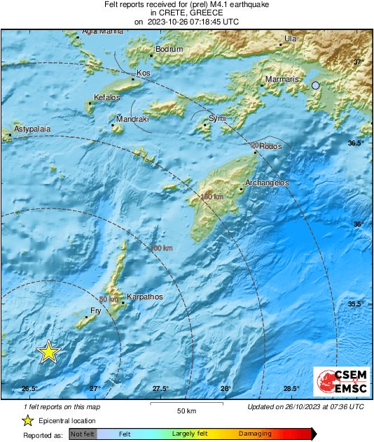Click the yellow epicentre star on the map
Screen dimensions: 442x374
(48, 352)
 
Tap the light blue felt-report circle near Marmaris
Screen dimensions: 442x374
(316, 85)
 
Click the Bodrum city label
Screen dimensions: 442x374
(169, 49)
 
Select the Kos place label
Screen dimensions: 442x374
(144, 73)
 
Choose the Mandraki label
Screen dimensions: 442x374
(132, 120)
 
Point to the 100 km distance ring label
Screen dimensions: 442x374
(161, 248)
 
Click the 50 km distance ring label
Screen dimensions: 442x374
(108, 299)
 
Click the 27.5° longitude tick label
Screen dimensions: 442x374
(160, 388)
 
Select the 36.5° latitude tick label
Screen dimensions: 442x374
(356, 143)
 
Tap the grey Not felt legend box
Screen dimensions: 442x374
(83, 434)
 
